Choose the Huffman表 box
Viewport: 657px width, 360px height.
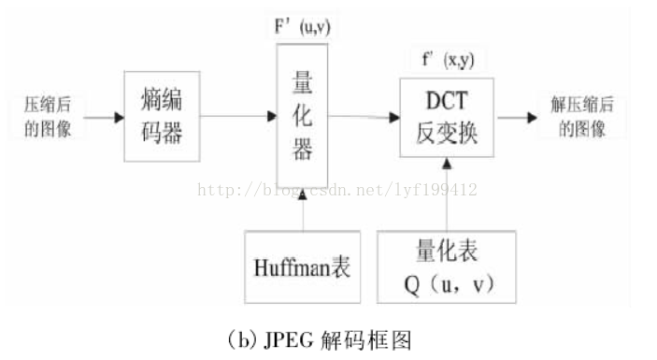point(302,266)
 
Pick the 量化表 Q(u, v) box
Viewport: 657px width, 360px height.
point(447,266)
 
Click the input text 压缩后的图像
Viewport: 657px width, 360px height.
point(55,117)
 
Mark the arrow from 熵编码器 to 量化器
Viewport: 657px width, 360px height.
point(237,116)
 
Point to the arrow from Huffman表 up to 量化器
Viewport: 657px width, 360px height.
point(302,208)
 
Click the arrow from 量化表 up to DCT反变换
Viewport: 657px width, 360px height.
point(447,196)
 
